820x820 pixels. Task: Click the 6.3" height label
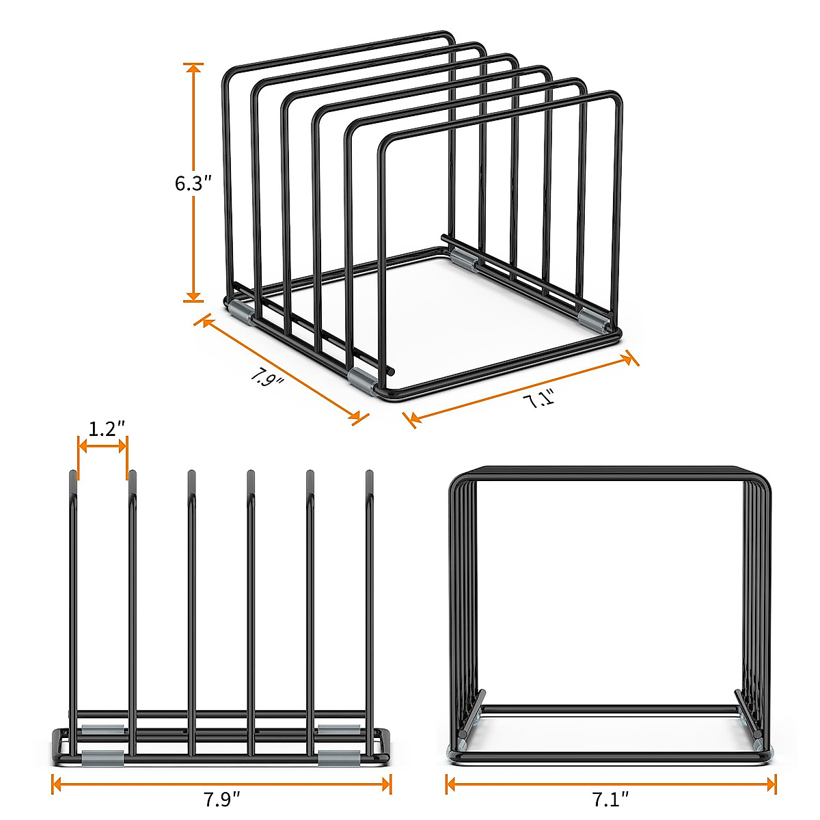pos(193,183)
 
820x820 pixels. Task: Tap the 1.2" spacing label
pos(107,428)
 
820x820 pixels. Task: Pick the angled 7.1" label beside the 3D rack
pos(539,398)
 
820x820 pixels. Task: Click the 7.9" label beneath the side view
pos(222,799)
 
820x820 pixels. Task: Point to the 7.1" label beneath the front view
pos(610,797)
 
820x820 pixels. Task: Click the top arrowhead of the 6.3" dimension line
pos(193,67)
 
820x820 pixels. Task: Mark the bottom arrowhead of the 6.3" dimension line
pos(193,297)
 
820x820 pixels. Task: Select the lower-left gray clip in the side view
pos(103,756)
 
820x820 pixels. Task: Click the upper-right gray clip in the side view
pos(338,729)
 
